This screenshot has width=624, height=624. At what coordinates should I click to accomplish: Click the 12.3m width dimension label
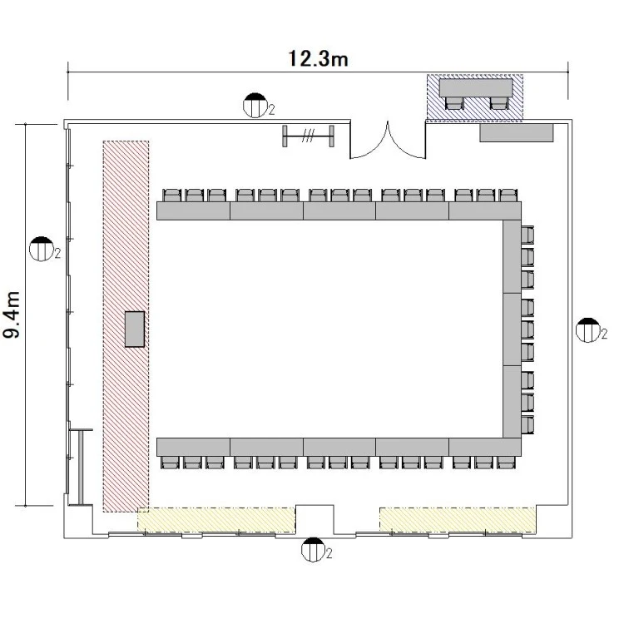click(318, 58)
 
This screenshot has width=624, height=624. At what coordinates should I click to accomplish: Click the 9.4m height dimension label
click(12, 314)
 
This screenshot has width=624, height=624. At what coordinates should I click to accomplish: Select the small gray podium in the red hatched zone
click(135, 329)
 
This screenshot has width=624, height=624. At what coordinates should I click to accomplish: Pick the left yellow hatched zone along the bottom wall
click(216, 520)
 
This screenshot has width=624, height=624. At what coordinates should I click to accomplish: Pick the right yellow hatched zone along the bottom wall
click(458, 520)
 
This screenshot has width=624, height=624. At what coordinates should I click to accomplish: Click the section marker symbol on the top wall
click(255, 106)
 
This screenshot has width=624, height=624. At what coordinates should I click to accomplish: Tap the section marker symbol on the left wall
click(42, 249)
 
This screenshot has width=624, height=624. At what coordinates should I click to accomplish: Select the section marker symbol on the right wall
click(588, 330)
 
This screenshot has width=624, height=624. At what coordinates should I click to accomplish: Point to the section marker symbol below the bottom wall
click(313, 550)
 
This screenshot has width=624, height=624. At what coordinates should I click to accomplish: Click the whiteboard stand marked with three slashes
click(309, 136)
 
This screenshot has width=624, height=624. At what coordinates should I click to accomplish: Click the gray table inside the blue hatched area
click(476, 87)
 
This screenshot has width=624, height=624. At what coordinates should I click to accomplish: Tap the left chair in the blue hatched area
click(454, 103)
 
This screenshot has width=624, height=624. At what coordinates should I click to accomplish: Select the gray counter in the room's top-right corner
click(517, 132)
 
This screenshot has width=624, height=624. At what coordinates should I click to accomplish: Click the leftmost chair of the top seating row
click(172, 196)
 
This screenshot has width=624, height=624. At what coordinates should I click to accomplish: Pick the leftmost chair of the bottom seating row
click(171, 463)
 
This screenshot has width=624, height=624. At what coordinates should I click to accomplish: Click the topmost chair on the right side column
click(527, 235)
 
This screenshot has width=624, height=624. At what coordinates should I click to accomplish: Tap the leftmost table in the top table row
click(193, 211)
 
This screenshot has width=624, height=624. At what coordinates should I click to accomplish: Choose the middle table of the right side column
click(513, 329)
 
